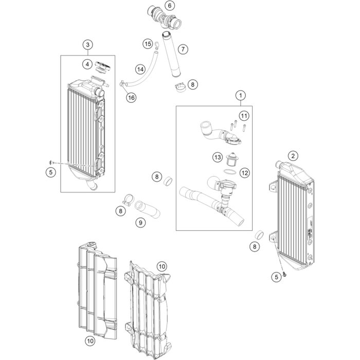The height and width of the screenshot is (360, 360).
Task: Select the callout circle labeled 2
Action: point(293,156)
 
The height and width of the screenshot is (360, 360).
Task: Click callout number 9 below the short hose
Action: point(140,223)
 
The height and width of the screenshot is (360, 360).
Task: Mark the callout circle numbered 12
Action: point(245,173)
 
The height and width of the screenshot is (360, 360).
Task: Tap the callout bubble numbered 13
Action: point(218,157)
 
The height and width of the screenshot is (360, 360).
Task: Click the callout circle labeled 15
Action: point(148,44)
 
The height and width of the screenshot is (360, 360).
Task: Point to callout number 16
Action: point(132,97)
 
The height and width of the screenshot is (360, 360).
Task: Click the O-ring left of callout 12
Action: point(231,171)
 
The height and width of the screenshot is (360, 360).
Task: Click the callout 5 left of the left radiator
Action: point(50,172)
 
